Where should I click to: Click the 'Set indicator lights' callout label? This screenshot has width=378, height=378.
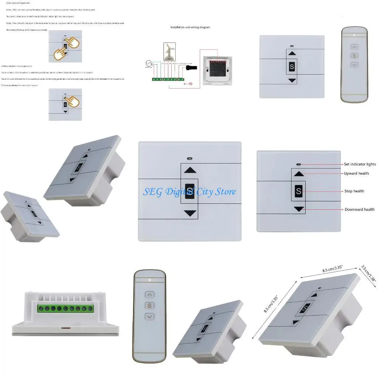point(360,164)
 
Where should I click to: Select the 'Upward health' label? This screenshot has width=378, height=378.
point(356,173)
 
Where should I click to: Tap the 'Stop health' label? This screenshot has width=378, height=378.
point(354,191)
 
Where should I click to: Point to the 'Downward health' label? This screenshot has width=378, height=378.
point(360,209)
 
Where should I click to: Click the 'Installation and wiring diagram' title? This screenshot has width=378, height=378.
point(190,27)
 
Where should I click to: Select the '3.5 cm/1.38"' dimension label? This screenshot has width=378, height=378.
point(368,274)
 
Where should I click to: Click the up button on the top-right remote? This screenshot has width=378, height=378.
point(354,47)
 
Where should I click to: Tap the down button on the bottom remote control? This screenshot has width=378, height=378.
point(150,317)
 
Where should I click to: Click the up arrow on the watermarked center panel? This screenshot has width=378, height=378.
point(190,170)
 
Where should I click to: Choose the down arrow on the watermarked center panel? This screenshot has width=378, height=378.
point(190,213)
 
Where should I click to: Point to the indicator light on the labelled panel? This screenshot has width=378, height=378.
point(299,165)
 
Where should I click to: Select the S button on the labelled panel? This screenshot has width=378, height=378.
point(299,192)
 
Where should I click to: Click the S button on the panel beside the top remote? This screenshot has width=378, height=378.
point(292,67)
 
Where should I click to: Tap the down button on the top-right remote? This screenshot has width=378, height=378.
point(354,65)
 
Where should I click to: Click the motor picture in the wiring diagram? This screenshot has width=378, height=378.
point(169,52)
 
